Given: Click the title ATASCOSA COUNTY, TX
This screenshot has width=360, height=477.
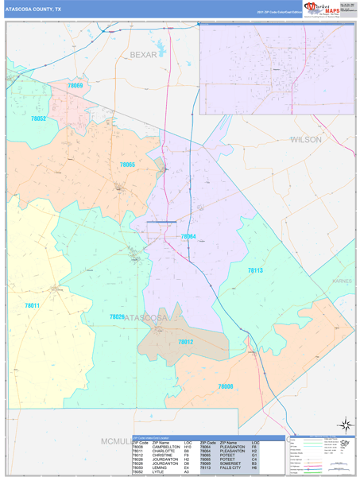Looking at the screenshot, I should [x=33, y=10].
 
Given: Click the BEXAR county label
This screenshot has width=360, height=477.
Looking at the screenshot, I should [x=144, y=55].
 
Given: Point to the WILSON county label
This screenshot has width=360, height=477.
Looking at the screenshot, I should [x=306, y=139].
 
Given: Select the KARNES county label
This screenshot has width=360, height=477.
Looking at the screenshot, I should [x=343, y=281].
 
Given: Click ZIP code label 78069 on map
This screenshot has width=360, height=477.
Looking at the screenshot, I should [x=75, y=85].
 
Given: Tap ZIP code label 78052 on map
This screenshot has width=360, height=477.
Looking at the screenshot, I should [x=38, y=118].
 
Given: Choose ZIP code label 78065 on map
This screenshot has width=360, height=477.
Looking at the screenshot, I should [x=127, y=165].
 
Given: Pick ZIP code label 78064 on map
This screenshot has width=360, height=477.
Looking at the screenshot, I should [x=188, y=236].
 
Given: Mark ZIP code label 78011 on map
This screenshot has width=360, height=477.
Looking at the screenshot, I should [x=32, y=305].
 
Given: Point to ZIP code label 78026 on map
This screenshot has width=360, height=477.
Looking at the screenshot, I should [x=117, y=316].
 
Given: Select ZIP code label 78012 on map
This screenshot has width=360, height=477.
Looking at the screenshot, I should [x=185, y=342].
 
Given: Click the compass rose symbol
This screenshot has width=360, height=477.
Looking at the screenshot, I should [x=345, y=425].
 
